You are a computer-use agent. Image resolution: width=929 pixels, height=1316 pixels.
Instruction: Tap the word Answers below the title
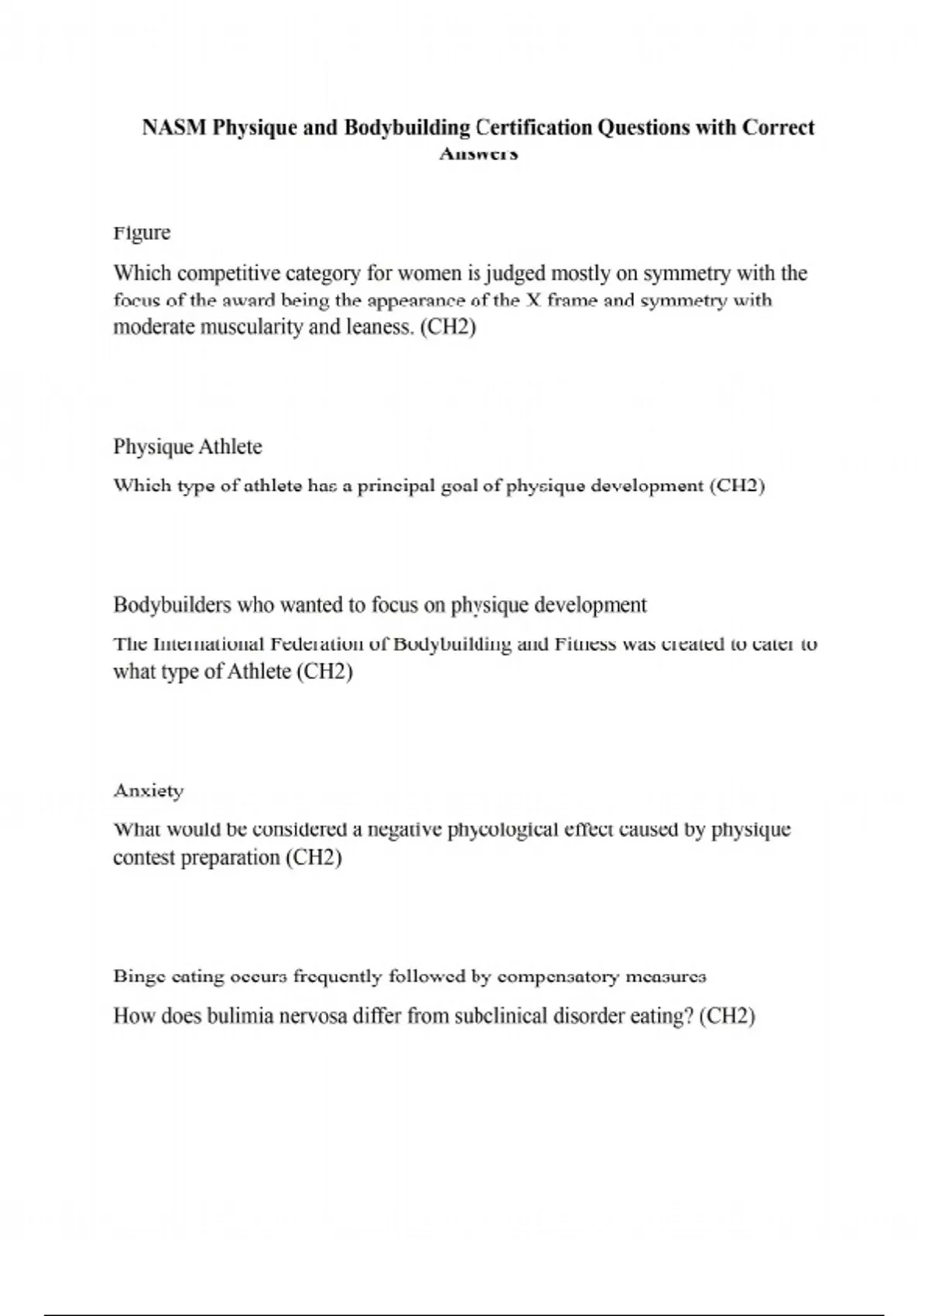pyautogui.click(x=478, y=154)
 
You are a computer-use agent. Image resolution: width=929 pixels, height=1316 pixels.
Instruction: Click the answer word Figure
pyautogui.click(x=142, y=233)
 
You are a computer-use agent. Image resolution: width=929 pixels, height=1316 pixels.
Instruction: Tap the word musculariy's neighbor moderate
pyautogui.click(x=154, y=327)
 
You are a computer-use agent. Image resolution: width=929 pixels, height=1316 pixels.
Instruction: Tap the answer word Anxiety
pyautogui.click(x=149, y=791)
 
